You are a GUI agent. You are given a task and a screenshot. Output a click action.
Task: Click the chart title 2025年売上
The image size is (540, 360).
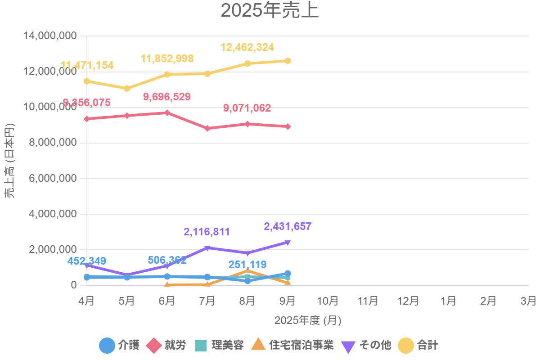click(270, 11)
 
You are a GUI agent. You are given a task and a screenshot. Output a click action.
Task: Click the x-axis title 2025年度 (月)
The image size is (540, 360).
click(308, 320)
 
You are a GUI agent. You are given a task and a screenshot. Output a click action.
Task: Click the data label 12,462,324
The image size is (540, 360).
click(247, 48)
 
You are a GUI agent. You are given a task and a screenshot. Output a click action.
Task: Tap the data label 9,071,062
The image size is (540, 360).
click(247, 108)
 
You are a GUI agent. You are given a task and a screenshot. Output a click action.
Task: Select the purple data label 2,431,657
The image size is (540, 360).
click(288, 226)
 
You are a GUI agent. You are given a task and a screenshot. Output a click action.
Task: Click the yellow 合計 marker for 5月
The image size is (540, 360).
click(127, 88)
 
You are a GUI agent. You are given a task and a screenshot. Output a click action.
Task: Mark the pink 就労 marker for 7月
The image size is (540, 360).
click(207, 128)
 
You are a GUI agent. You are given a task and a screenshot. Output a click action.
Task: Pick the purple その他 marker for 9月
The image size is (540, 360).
click(288, 243)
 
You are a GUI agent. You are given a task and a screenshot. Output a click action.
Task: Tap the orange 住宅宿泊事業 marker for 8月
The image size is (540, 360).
click(247, 270)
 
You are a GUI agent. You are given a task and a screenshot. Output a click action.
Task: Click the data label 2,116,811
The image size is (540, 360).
click(207, 232)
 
